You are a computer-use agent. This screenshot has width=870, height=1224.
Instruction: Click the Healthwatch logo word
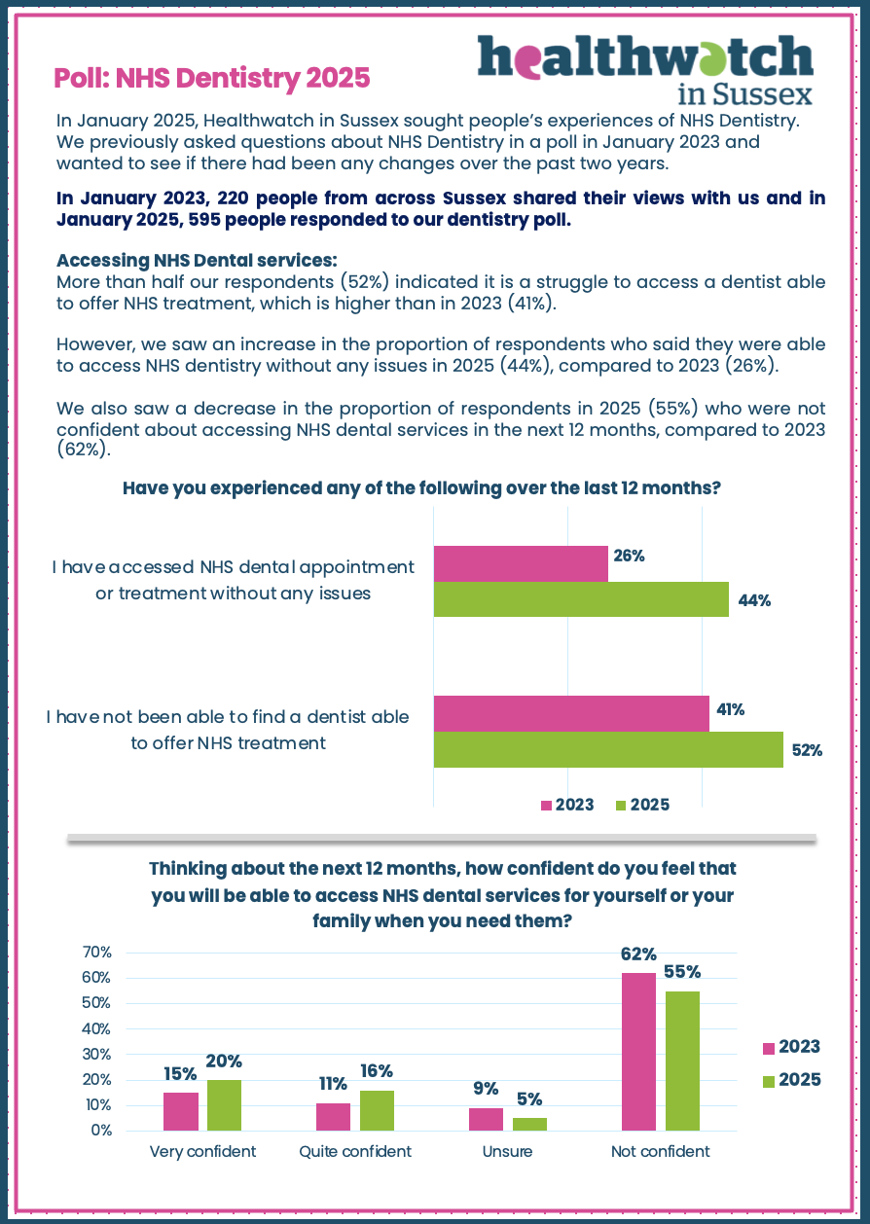coord(645,58)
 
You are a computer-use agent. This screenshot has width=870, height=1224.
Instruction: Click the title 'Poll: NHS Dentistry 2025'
coord(212,77)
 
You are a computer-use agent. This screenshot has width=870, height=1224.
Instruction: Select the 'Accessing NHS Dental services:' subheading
coord(198,261)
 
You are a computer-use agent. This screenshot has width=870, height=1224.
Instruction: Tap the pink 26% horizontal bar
coord(521,563)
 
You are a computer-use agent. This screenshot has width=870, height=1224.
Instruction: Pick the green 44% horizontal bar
coord(581,599)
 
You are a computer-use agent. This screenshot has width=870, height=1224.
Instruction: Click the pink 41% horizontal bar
coord(571,713)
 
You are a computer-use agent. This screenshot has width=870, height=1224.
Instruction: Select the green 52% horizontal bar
coord(608,749)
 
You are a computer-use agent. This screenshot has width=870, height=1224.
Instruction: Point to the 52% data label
coord(807,750)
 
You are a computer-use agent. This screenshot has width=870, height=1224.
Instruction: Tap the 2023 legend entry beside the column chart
coord(790,1047)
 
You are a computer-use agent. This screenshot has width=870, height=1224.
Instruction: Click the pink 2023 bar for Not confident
coord(638,1052)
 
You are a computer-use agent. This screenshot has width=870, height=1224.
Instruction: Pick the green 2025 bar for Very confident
coord(224,1105)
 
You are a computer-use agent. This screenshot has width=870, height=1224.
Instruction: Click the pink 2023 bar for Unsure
coord(486,1119)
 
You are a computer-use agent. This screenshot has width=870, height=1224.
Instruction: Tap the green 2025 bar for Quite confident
coord(377,1110)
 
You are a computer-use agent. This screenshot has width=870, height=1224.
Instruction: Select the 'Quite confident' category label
coord(355,1151)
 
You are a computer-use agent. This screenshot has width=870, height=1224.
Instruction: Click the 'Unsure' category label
coord(508,1151)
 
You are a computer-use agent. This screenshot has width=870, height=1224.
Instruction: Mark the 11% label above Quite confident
coord(332,1084)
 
